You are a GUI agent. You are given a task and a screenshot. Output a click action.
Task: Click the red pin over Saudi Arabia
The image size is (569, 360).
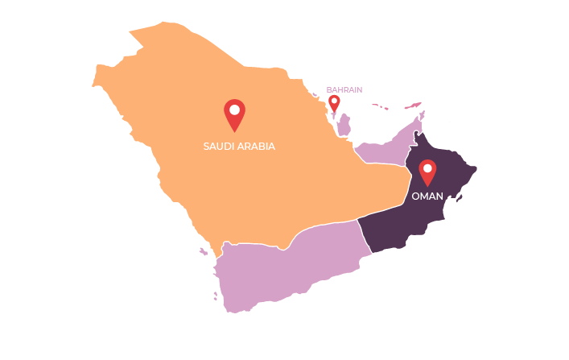[x=234, y=114]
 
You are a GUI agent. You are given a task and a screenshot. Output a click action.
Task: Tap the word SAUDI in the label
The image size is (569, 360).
[x=219, y=147]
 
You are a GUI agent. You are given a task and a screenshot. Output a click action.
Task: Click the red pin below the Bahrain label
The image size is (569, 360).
[x=334, y=103]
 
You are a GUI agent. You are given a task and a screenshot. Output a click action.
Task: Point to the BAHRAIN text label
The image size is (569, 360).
[x=344, y=89]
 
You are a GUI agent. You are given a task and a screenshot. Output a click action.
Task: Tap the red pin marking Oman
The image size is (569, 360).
[x=427, y=172]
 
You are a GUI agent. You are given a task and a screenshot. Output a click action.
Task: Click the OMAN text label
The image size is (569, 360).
[x=427, y=196]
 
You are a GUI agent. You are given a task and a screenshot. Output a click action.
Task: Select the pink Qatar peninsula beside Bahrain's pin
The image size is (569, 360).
[x=344, y=124]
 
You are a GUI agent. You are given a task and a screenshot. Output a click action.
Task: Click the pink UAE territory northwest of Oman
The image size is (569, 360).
[x=382, y=151]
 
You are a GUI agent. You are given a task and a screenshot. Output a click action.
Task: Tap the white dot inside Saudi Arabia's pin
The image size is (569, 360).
[x=234, y=109]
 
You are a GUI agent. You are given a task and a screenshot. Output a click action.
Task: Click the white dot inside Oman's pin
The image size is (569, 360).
[x=427, y=168]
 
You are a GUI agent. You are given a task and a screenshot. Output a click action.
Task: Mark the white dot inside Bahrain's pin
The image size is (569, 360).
[x=334, y=101]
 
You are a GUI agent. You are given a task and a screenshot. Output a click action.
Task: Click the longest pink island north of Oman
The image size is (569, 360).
[x=412, y=105]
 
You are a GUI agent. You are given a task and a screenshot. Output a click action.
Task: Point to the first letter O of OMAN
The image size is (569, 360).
[x=415, y=196]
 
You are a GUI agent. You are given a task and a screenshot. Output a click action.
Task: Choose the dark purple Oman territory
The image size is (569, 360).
[x=402, y=217]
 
